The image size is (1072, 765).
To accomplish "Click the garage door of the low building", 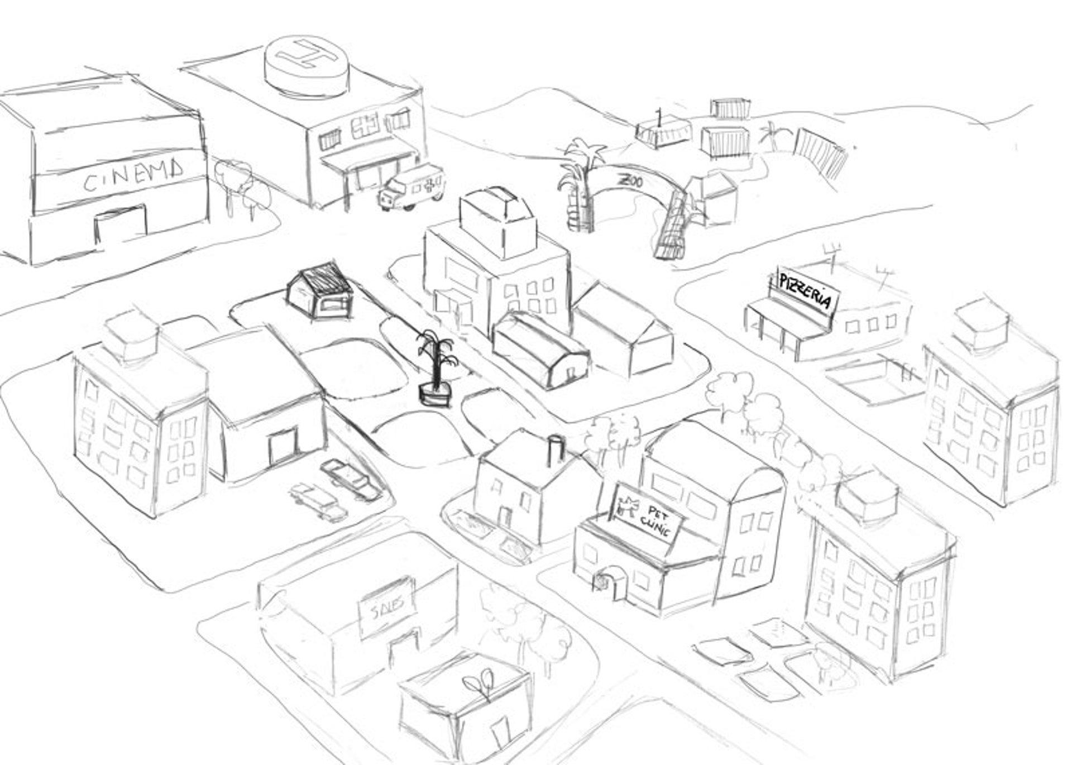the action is click(283, 447).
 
